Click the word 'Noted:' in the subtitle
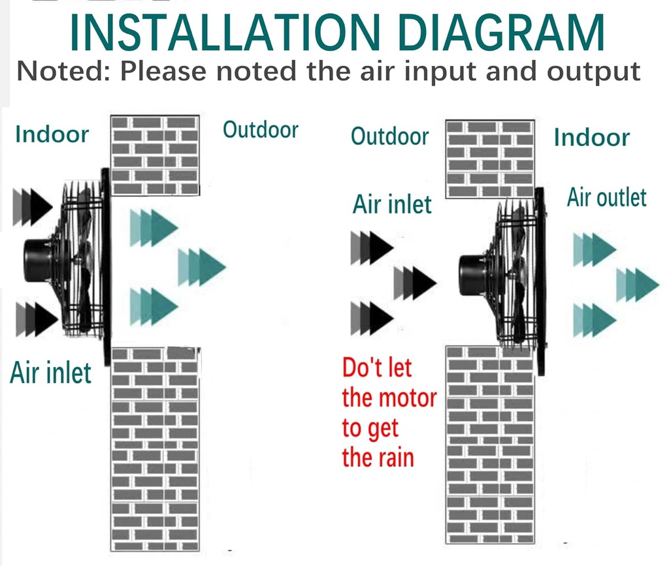(63, 71)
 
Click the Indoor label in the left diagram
(52, 134)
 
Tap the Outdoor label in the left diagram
(260, 129)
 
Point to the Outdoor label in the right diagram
(389, 136)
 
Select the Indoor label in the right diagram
(592, 138)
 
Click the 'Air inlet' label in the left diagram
(50, 373)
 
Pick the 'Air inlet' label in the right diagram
(392, 204)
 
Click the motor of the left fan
(37, 260)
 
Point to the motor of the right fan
(472, 275)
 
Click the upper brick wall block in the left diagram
(155, 155)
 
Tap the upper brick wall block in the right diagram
(490, 159)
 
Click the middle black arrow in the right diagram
(415, 283)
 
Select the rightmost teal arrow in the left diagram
(201, 267)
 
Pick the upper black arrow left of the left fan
(33, 207)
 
